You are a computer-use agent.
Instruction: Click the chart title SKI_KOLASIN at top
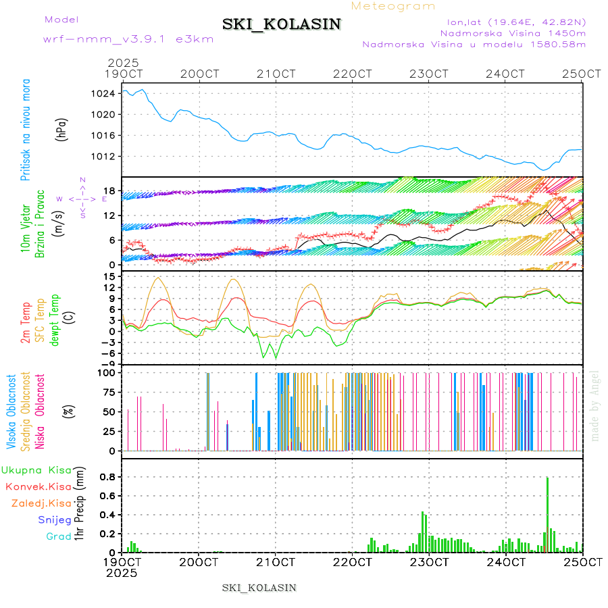coord(282,24)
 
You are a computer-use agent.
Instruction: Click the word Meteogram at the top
coord(394,6)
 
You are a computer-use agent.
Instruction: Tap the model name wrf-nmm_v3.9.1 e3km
coord(128,40)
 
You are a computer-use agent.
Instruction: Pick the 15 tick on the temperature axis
coord(109,276)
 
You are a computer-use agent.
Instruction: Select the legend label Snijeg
coord(55,520)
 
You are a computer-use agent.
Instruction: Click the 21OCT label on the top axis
coord(276,74)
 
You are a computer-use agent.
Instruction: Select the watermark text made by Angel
coord(594,405)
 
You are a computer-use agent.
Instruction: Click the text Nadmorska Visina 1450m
coord(513,32)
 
